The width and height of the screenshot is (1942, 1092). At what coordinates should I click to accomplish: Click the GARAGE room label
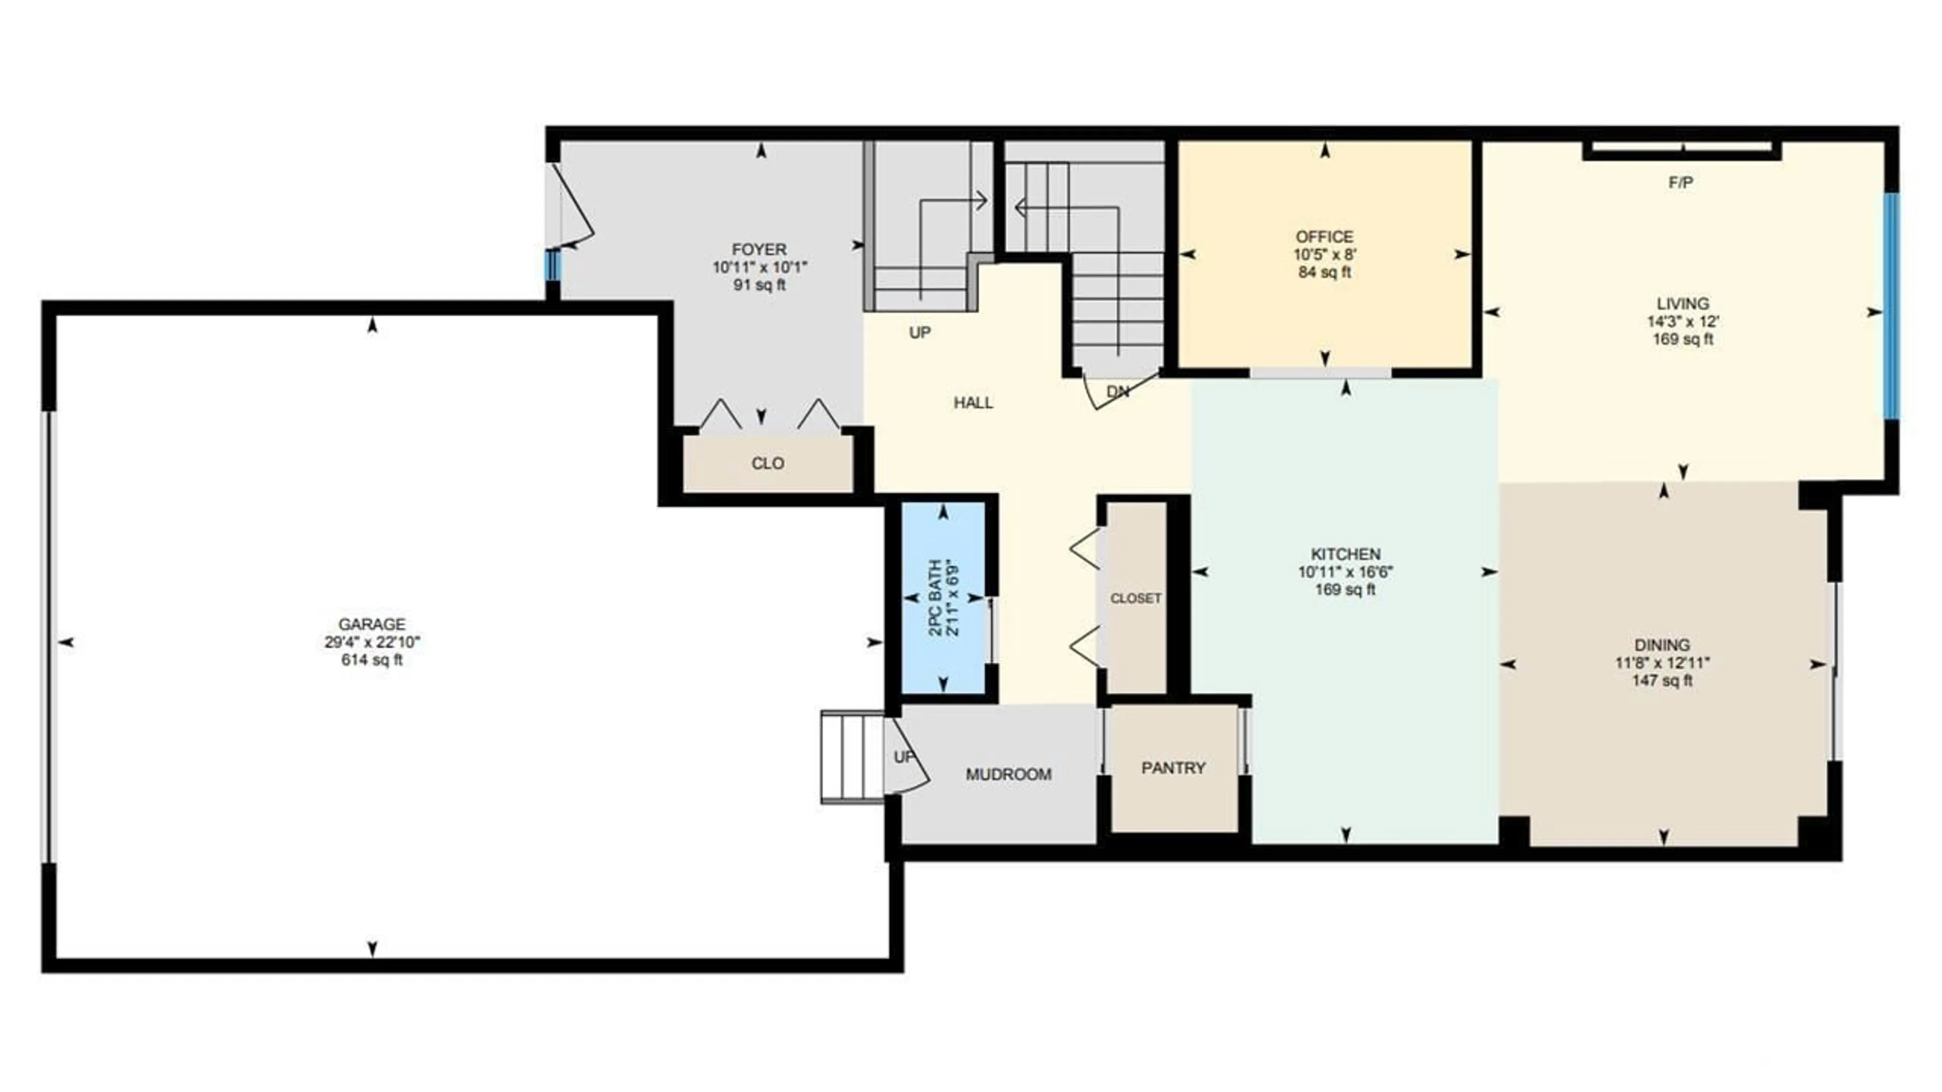(372, 624)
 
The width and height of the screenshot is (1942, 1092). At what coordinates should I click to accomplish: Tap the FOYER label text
(759, 249)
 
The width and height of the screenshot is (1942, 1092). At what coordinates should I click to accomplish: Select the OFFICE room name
(1325, 237)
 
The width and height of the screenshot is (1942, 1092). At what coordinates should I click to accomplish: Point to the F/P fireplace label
(1681, 183)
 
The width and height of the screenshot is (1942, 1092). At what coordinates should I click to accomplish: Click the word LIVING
(1683, 304)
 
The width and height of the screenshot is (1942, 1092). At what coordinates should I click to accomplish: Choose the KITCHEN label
(1345, 554)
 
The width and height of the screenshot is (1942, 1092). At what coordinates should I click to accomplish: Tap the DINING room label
(1662, 645)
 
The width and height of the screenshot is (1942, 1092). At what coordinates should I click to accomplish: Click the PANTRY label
(1173, 768)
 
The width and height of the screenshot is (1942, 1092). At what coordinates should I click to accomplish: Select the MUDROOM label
(1009, 774)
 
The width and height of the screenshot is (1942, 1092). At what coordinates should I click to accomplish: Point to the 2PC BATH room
(945, 598)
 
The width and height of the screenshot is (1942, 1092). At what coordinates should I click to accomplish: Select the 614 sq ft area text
(372, 660)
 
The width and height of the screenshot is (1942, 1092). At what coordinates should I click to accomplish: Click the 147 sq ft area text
(1662, 680)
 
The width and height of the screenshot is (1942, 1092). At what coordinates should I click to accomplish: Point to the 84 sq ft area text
(1325, 272)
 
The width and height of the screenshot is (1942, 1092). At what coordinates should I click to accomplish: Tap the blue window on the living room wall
(1891, 307)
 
